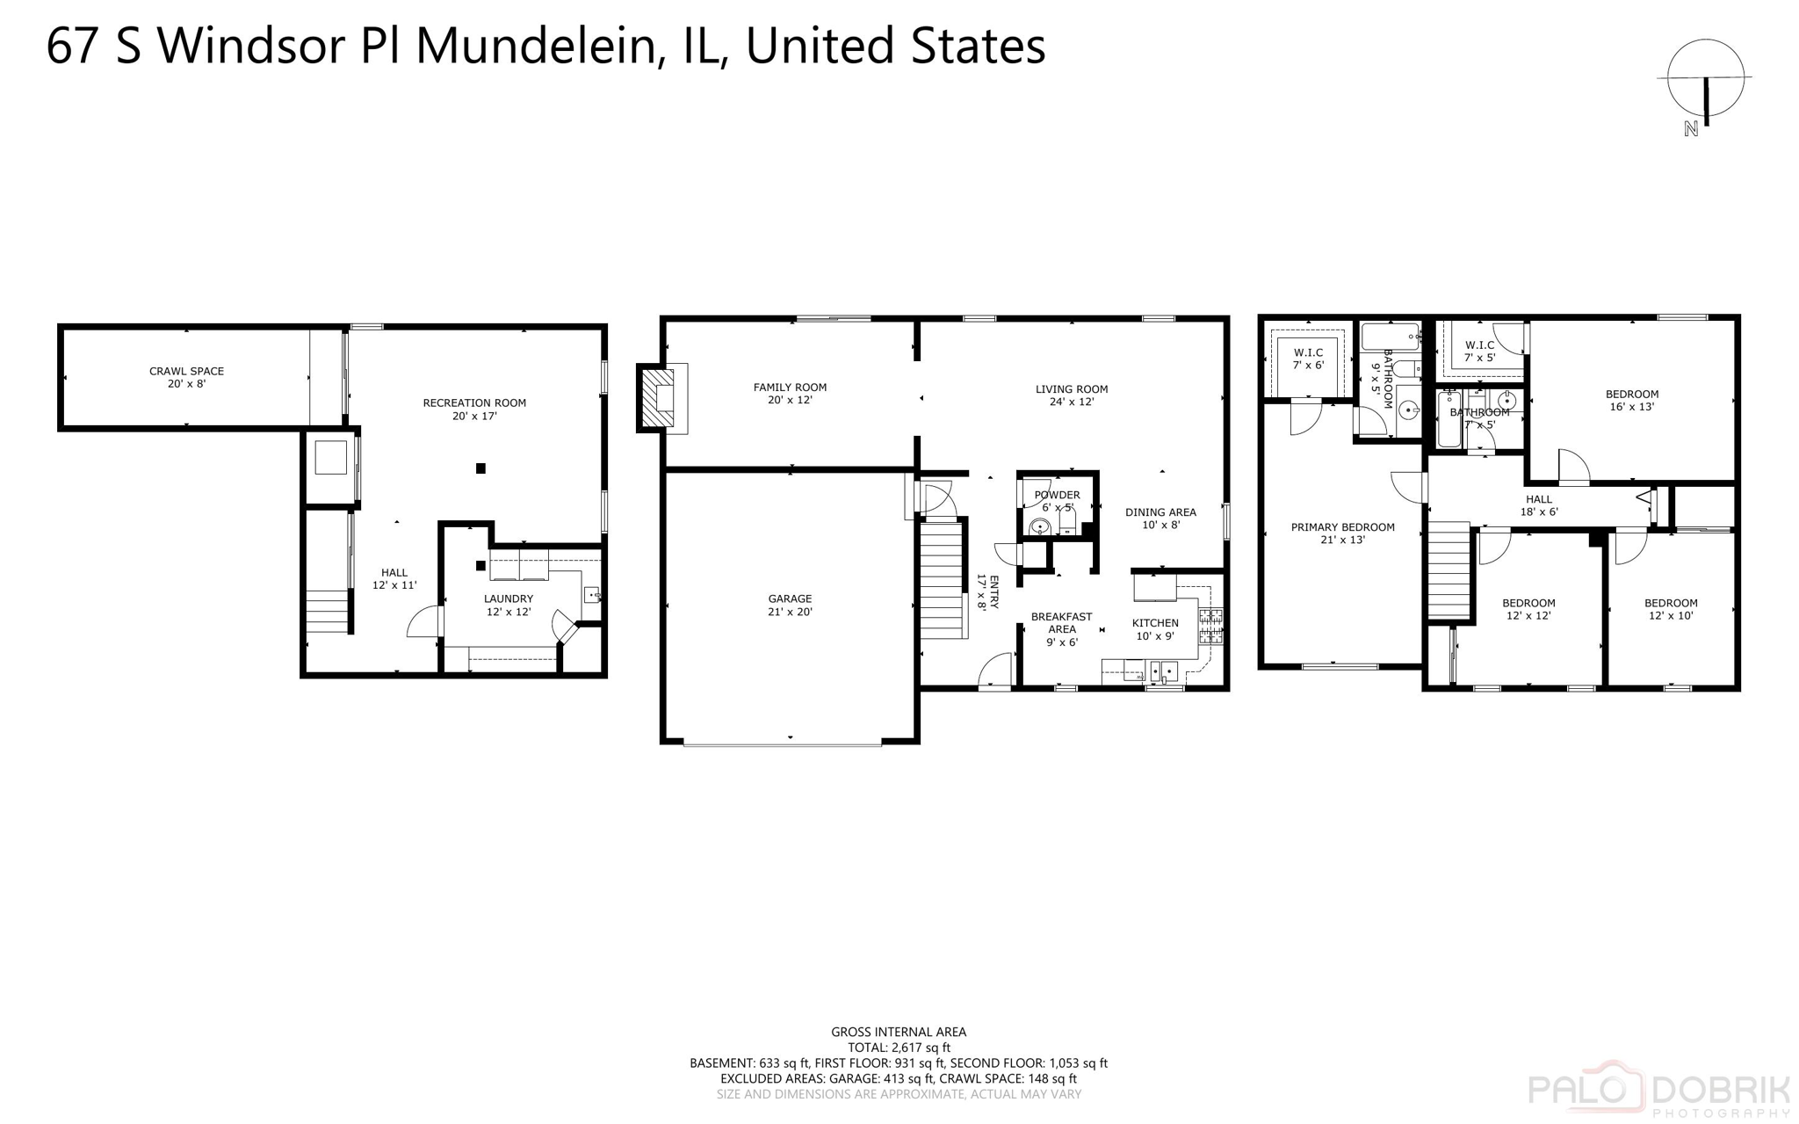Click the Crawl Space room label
186,377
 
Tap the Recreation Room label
474,409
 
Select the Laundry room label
509,605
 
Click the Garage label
790,605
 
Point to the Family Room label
790,393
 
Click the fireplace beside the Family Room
658,398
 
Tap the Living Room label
1072,395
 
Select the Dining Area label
1160,518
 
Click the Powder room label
1057,500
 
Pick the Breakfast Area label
1061,628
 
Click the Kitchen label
1155,628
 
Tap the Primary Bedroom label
1342,533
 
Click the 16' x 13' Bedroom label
1632,400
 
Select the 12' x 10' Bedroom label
1671,608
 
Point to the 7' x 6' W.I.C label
1308,359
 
